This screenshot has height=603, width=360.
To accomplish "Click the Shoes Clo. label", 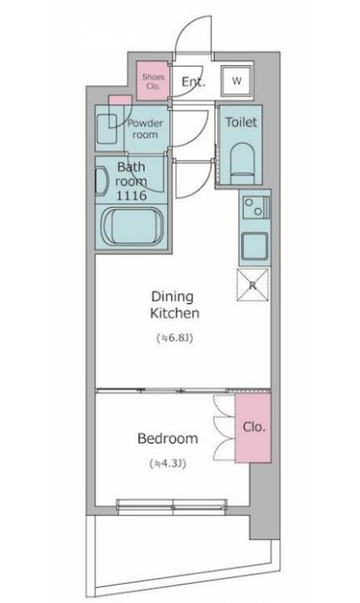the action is point(153,81).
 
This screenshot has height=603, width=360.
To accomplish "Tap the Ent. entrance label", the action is point(194,82).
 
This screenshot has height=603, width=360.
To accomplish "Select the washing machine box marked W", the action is point(237,81).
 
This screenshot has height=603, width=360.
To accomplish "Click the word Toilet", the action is point(241,122).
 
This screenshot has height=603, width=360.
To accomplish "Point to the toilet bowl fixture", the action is point(242,161).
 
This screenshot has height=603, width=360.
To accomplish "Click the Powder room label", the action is point(145,129).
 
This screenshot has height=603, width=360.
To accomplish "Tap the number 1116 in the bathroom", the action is point(131,195).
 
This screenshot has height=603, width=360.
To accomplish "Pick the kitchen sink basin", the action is point(255,246).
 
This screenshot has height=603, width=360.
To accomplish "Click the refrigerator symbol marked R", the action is point(253,285).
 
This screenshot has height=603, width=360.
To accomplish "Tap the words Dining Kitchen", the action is point(175,305).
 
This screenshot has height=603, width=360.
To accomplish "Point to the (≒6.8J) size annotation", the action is point(175,338).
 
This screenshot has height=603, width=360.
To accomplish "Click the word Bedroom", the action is point(168,438).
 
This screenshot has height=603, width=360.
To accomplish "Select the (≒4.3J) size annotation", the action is point(168,464).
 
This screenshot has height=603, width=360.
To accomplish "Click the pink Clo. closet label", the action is point(254,427).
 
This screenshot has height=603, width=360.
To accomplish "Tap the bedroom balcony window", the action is point(172,507).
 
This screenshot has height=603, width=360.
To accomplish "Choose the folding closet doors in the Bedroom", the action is point(224,428).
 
